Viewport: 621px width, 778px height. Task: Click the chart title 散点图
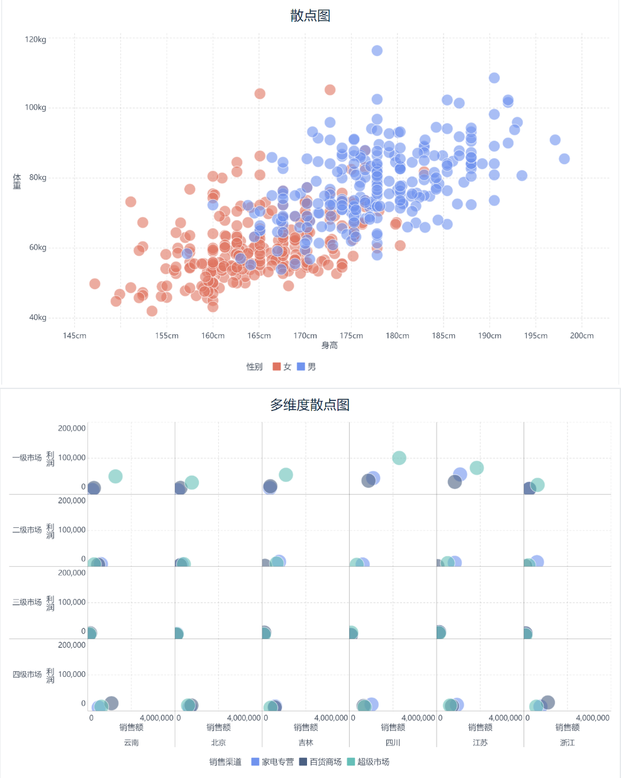click(x=310, y=16)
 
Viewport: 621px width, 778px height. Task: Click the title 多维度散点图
click(x=310, y=405)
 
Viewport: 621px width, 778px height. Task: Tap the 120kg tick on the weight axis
click(x=36, y=40)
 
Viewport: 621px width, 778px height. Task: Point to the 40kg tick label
click(x=38, y=317)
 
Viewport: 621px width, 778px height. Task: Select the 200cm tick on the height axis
click(x=581, y=336)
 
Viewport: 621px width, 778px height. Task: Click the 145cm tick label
click(x=74, y=336)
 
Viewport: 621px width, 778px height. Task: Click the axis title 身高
click(x=329, y=346)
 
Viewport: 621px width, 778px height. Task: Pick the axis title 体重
click(x=17, y=182)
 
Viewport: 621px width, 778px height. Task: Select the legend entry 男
click(x=306, y=366)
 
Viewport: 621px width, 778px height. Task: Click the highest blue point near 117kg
click(x=377, y=51)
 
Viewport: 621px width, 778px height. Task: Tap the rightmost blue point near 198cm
click(x=564, y=159)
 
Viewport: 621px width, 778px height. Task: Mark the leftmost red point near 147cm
click(x=95, y=284)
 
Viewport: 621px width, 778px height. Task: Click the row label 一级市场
click(x=27, y=458)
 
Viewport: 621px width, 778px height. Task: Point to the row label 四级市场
click(x=27, y=674)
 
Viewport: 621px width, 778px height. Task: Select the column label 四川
click(x=393, y=743)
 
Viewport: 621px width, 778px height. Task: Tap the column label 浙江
click(x=567, y=743)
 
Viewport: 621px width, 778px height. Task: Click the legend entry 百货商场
click(x=320, y=762)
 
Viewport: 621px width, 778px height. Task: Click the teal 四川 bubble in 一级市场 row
click(x=399, y=458)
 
